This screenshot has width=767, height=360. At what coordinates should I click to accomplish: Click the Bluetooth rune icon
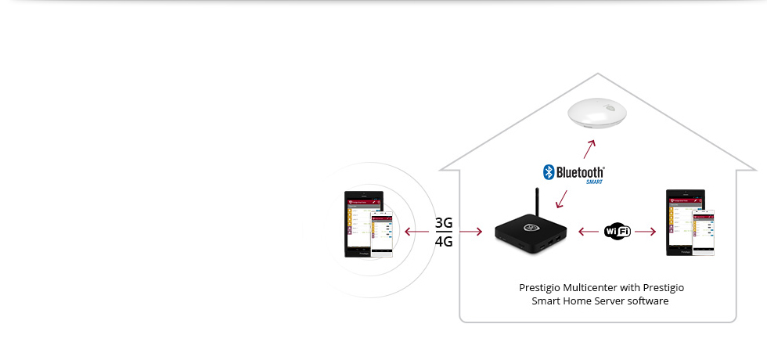click(x=549, y=171)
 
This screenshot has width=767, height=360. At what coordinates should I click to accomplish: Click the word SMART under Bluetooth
click(x=595, y=182)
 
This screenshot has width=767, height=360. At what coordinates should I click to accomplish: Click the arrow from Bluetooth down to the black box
click(x=562, y=197)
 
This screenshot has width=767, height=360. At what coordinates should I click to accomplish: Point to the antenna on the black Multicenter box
click(x=537, y=204)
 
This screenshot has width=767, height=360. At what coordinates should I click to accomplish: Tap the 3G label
click(x=444, y=223)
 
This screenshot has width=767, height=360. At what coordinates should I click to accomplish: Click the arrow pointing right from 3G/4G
click(x=470, y=232)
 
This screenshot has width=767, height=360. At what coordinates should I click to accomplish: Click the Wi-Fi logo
click(x=618, y=231)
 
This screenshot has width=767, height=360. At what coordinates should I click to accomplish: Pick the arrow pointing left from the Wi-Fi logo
click(x=589, y=231)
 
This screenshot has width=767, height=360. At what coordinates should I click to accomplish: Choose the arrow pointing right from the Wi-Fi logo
click(x=646, y=231)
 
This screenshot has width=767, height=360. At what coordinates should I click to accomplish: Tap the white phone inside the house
click(x=703, y=232)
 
